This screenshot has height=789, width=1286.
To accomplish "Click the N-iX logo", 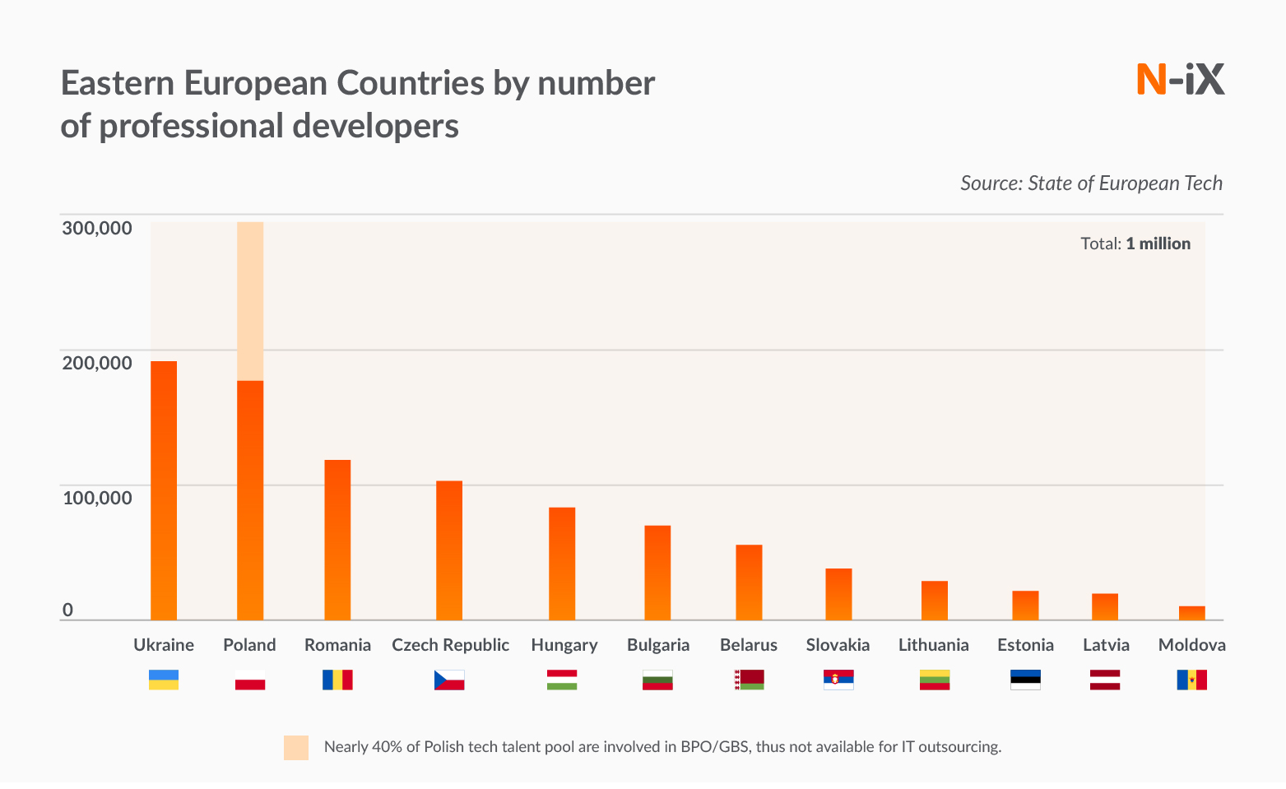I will (1180, 80).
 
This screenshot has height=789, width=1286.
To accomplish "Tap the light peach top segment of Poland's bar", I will (250, 301).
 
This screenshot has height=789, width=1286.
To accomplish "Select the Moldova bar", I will (1191, 613).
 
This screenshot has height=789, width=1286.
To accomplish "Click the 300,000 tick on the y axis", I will (97, 228).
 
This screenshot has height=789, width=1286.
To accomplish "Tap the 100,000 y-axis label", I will (97, 498).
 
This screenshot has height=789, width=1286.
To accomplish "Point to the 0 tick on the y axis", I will (68, 610).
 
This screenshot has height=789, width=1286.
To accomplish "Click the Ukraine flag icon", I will (164, 680).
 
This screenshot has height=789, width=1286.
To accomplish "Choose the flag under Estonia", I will (1025, 680).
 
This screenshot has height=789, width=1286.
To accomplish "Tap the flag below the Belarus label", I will (749, 680).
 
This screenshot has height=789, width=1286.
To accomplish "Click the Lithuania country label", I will (933, 645).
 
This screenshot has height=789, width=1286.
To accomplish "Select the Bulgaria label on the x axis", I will (658, 645).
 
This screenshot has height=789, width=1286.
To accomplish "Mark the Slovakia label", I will (838, 645).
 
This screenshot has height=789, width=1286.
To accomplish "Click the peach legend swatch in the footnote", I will (296, 747).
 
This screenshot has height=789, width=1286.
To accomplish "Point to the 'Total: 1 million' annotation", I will (1135, 244).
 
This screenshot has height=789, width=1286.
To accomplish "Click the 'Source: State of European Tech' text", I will (1091, 183).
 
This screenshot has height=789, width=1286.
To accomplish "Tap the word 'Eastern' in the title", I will (117, 83).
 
